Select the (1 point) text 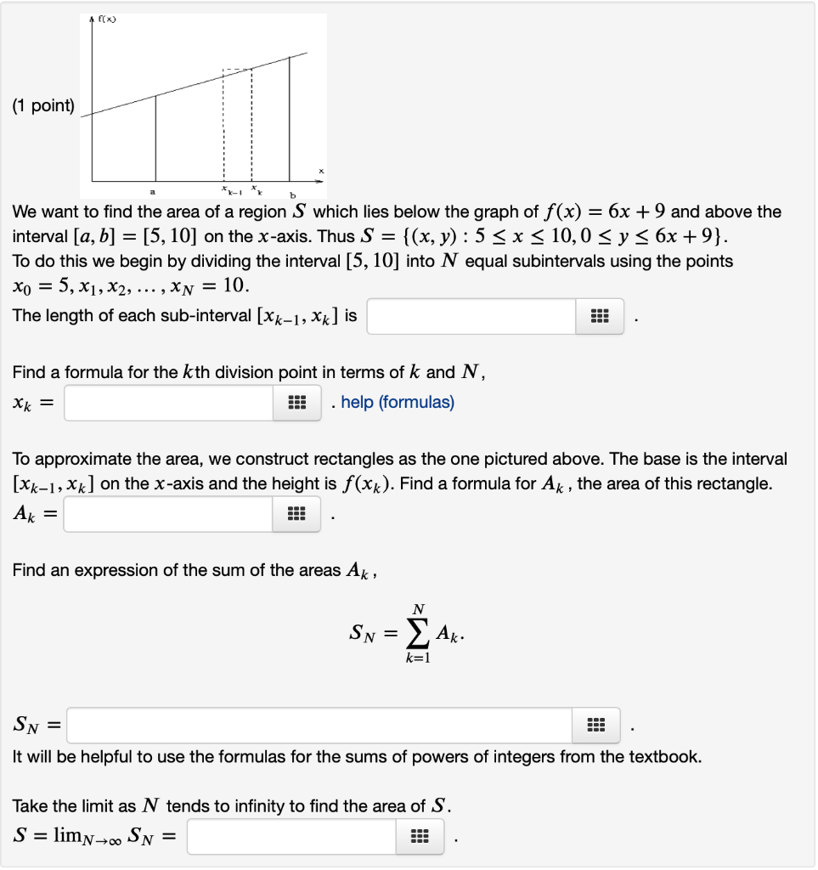coord(42,106)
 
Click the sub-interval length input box coord(471,316)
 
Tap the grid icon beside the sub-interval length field coord(599,316)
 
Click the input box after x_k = coord(169,402)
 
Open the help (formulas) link coord(398,402)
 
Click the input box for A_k coord(169,514)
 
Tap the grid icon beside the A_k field coord(296,514)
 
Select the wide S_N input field coord(320,726)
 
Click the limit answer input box coord(291,837)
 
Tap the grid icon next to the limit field coord(418,837)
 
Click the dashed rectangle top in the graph coord(237,70)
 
